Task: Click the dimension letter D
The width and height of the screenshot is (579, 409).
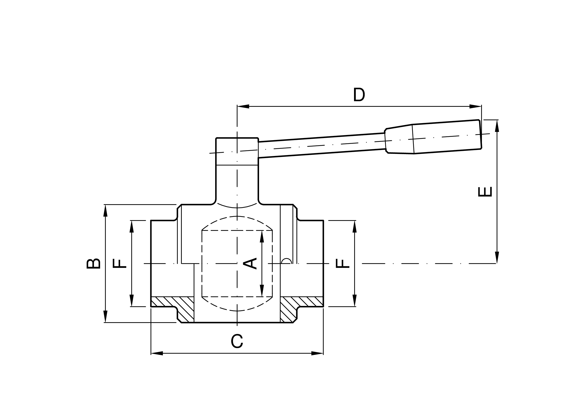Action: [359, 94]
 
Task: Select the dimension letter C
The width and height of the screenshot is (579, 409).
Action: [237, 341]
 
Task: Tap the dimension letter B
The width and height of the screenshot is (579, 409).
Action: [94, 263]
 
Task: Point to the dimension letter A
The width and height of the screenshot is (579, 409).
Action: [250, 263]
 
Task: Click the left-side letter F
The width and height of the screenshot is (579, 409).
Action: [119, 263]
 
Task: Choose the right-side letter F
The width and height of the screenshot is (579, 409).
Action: [342, 263]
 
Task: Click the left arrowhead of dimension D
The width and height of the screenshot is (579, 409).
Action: [243, 106]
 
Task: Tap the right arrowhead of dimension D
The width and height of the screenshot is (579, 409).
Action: [475, 106]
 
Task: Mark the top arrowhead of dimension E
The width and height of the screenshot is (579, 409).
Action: [497, 126]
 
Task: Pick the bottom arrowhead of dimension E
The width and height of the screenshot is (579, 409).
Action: [497, 257]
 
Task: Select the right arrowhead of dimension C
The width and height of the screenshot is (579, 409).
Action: [317, 353]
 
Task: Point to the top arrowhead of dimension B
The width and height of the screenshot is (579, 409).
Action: [105, 211]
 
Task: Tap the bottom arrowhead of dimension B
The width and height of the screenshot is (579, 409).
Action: [105, 316]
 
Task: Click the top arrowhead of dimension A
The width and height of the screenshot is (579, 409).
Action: [262, 237]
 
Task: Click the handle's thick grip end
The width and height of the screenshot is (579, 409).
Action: [446, 137]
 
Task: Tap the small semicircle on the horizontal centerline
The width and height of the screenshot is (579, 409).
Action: [287, 261]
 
